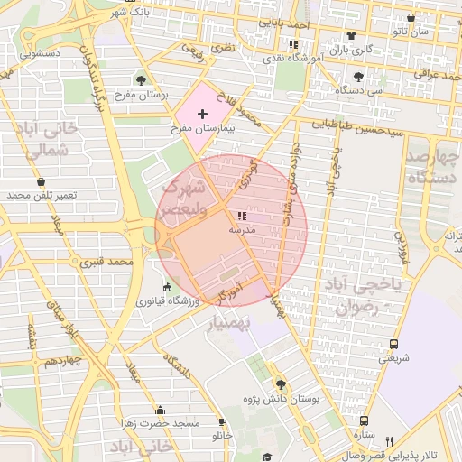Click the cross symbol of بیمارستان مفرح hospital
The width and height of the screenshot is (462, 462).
pos(202,114)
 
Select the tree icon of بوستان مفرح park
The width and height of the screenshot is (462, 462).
pos(140,80)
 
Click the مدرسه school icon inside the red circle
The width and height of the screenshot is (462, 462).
pos(241,216)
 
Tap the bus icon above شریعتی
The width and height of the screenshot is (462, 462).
pos(393,344)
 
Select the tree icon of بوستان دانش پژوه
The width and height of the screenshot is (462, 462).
pos(280,383)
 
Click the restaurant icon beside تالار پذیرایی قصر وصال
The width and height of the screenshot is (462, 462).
pos(390,440)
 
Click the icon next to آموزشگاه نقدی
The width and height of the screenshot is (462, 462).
pos(292,43)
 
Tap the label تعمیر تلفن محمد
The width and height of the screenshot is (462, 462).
pos(42,195)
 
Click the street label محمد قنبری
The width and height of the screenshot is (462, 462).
pos(107,263)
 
